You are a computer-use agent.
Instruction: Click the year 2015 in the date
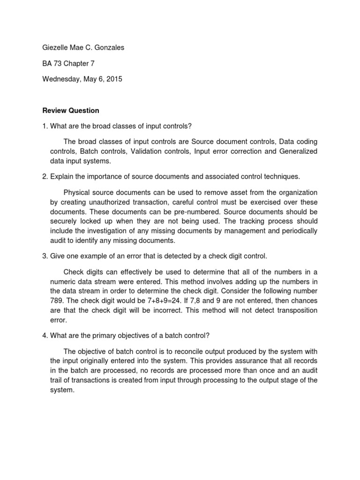[x=114, y=79]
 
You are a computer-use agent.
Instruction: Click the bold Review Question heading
[x=71, y=111]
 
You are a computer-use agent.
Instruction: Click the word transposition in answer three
[x=295, y=310]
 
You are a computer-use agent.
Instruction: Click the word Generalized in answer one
[x=299, y=151]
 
